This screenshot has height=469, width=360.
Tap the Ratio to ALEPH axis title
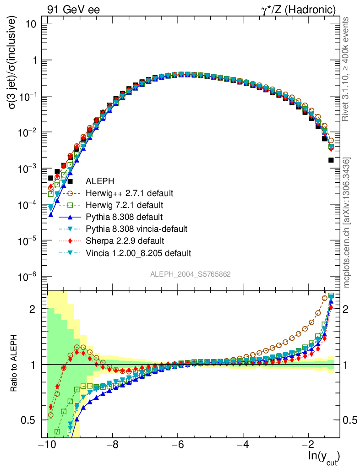(15, 364)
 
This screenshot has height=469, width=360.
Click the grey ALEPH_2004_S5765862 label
(191, 274)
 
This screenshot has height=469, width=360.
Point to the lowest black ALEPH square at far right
(331, 160)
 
